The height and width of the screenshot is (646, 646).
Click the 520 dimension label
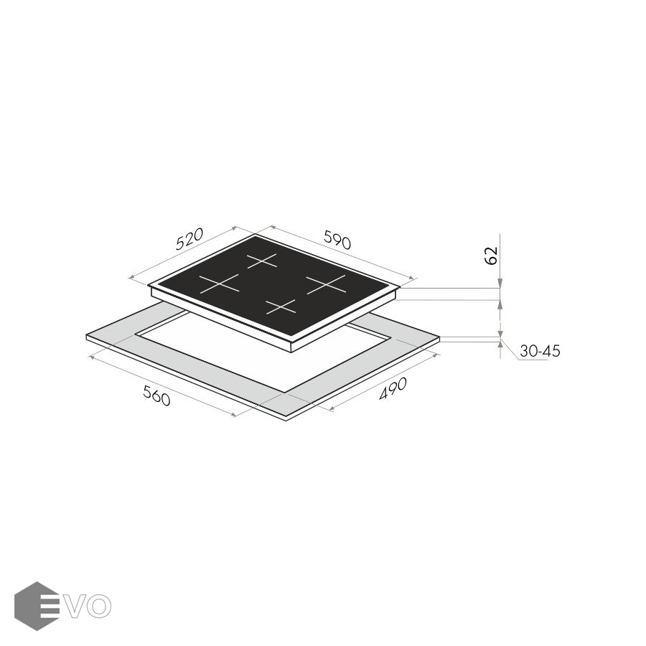(x=189, y=239)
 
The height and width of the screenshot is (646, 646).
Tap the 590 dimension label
(x=337, y=240)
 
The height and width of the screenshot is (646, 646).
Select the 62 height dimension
(x=492, y=256)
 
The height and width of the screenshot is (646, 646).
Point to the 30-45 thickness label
(x=540, y=351)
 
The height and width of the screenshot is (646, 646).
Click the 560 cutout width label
(x=156, y=395)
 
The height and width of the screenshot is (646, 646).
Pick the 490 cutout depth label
(x=393, y=388)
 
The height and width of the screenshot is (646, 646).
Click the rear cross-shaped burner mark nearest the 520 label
(x=262, y=261)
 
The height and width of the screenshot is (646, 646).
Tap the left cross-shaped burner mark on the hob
(x=219, y=284)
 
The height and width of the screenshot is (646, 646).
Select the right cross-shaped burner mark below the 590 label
(x=325, y=284)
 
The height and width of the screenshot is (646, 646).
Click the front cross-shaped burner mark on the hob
(x=281, y=306)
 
